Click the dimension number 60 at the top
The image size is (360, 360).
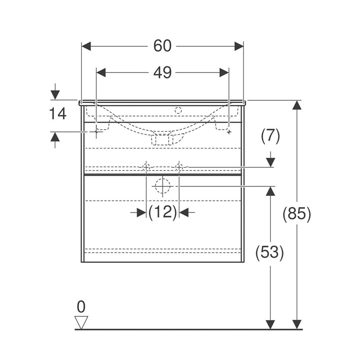coord(162,46)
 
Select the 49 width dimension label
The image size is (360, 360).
coord(162,72)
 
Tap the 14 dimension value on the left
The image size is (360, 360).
coord(58,113)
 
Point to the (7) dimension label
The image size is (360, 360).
coord(270,136)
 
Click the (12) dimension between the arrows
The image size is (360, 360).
coord(162,212)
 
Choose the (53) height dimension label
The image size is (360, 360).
coord(270,252)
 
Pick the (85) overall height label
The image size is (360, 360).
coord(297,214)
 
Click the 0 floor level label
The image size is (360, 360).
coord(81,306)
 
